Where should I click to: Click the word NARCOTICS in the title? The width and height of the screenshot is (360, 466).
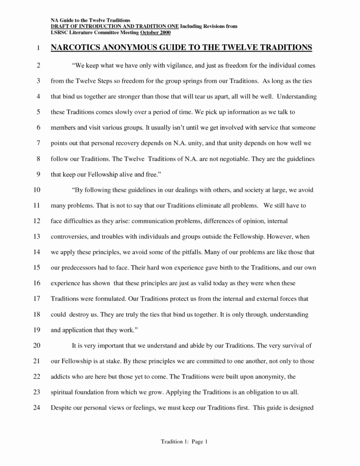76,48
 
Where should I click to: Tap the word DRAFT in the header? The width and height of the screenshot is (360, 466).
60,27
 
